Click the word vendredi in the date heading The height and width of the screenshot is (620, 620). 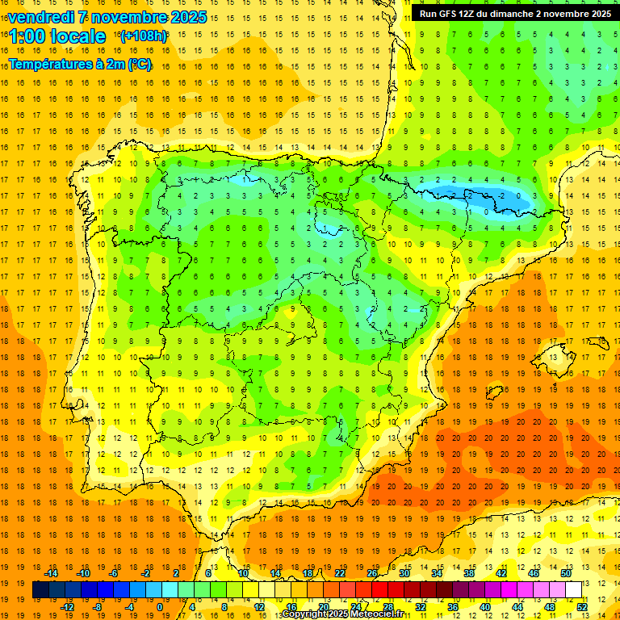(x=38, y=17)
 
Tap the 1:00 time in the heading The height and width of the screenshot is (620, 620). (x=26, y=36)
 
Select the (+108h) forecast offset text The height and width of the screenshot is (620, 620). (x=143, y=36)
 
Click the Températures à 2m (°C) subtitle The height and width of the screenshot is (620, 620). (x=80, y=65)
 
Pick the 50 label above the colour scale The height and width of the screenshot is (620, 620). (x=565, y=573)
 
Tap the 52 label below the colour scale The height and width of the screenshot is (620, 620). (x=582, y=606)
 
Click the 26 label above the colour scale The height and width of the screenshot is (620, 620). (x=372, y=573)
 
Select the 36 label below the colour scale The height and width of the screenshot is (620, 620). (x=452, y=606)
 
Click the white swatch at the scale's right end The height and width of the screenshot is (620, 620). (x=574, y=590)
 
